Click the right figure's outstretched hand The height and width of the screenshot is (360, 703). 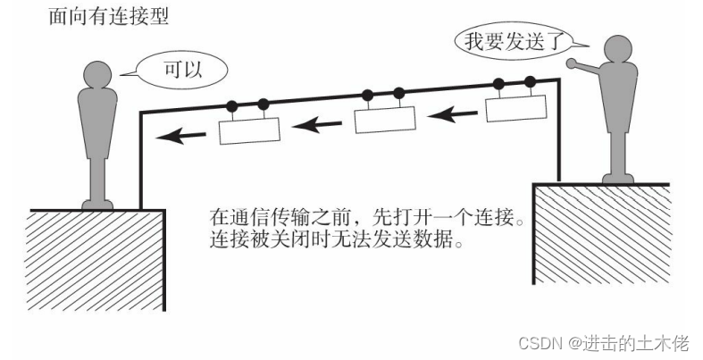tap(570, 64)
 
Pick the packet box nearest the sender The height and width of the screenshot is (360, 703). tap(515, 109)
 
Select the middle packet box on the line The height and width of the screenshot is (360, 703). tap(385, 119)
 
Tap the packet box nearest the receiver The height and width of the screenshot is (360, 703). tap(250, 132)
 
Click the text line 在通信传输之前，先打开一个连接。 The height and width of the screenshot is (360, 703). tap(366, 220)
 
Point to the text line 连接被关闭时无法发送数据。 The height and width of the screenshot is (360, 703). tap(337, 241)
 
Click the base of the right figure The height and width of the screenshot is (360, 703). tap(618, 178)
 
